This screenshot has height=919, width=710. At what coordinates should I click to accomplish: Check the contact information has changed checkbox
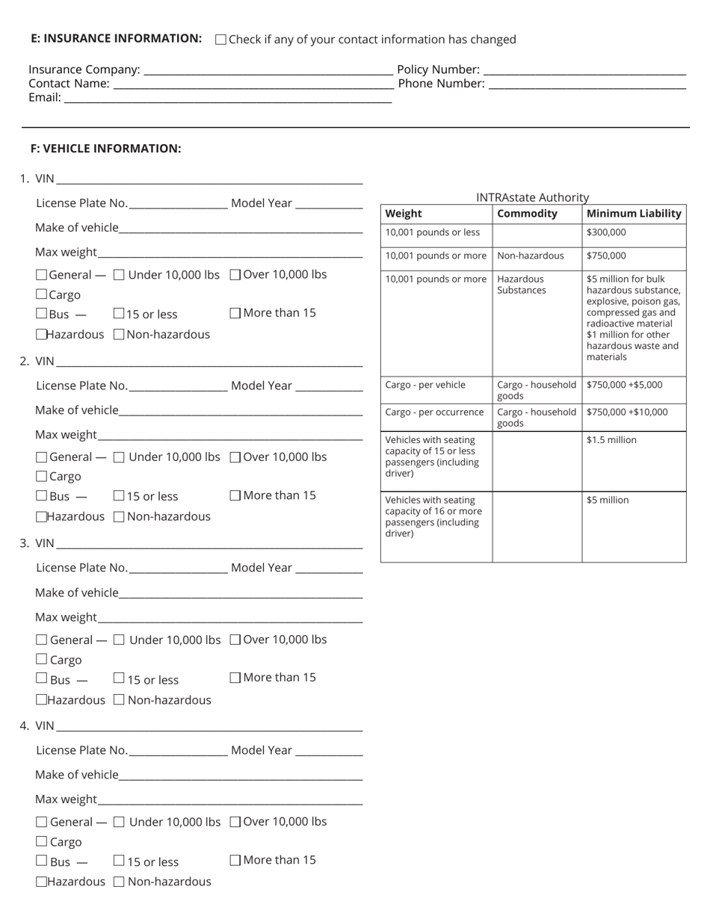pos(220,40)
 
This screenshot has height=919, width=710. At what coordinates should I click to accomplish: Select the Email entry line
pos(227,99)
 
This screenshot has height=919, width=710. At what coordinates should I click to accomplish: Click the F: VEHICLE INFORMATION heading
pos(105,149)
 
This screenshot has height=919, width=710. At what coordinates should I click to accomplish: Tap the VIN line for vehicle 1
pos(209,179)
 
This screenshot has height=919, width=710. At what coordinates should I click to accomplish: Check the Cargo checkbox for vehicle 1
pos(42,294)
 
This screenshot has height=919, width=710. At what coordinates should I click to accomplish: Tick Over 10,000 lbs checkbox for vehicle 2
pos(235,457)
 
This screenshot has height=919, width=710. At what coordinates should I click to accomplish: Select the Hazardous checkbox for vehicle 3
pos(42,700)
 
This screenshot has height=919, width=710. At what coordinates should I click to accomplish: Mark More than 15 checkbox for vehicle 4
pos(235,860)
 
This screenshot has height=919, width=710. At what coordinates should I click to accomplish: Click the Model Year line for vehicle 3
pos(329,569)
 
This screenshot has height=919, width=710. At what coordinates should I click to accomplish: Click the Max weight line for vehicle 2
pos(229,436)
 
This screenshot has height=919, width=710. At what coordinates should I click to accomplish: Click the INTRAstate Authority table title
pos(532,197)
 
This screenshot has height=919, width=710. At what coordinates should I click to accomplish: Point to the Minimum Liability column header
pos(634,214)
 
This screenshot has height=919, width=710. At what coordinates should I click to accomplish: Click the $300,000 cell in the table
pos(606,232)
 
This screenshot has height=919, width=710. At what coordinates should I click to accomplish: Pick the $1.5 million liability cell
pos(611,440)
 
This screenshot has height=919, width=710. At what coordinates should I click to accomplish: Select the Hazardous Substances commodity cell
pos(521,285)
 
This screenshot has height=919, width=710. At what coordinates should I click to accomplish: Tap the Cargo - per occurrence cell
pos(434,412)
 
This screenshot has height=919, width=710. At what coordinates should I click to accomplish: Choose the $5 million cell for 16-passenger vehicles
pos(608,501)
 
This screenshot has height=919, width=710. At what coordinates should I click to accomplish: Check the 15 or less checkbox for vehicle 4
pos(119,861)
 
